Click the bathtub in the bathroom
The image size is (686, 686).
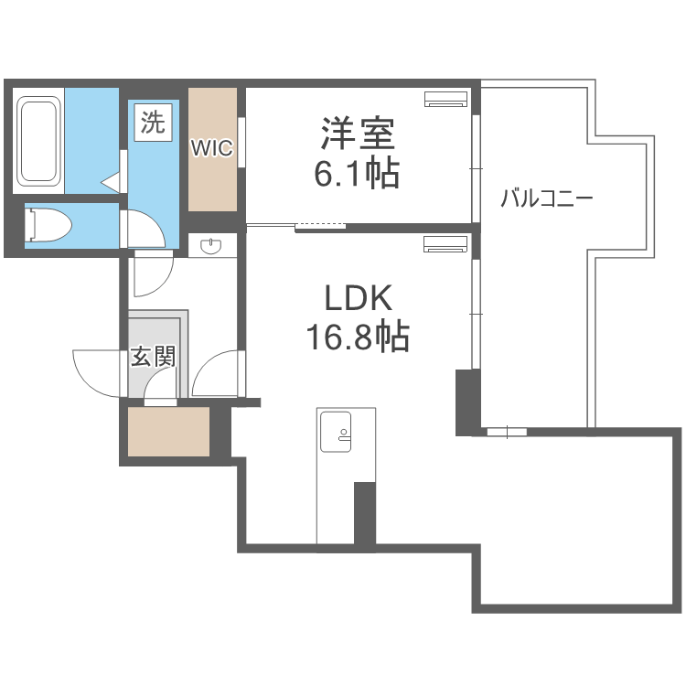pyautogui.click(x=38, y=141)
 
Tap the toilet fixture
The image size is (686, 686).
pyautogui.click(x=48, y=225)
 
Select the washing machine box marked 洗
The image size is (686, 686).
pyautogui.click(x=153, y=123)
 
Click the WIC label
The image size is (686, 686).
pyautogui.click(x=212, y=148)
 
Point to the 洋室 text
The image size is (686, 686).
pyautogui.click(x=358, y=133)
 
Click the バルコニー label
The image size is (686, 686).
pyautogui.click(x=546, y=198)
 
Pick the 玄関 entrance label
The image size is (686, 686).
pyautogui.click(x=153, y=357)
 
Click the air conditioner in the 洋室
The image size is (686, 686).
pyautogui.click(x=445, y=99)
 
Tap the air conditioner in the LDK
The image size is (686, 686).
pyautogui.click(x=445, y=244)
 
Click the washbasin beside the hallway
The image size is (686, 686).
pyautogui.click(x=211, y=246)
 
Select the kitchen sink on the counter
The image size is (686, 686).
pyautogui.click(x=336, y=432)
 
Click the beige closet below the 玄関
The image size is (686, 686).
pyautogui.click(x=168, y=432)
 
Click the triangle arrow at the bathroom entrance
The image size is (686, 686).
pyautogui.click(x=111, y=182)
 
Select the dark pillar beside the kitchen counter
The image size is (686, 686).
pyautogui.click(x=364, y=513)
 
